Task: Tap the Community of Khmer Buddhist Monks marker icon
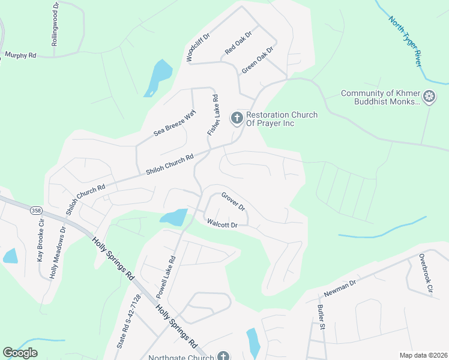coord(429,97)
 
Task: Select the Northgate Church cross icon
coord(223,357)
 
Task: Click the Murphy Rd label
coord(20,55)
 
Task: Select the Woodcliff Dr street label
coord(198,47)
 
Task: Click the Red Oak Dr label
coord(238,44)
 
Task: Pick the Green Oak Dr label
coord(257,60)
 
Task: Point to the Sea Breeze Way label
coord(175,123)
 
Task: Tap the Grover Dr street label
coord(233,202)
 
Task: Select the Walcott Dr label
coord(223,224)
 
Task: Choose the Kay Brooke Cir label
coord(41,240)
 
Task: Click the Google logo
coord(20,353)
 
